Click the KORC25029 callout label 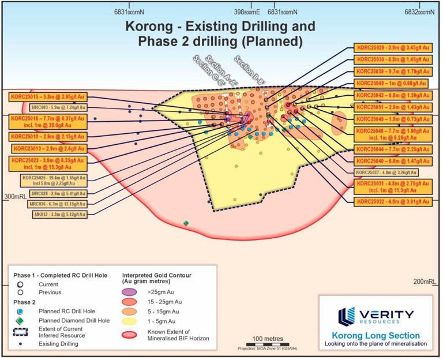click(x=392, y=50)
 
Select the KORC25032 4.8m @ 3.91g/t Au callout click(x=392, y=201)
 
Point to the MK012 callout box click(x=60, y=214)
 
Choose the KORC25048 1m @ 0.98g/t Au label click(x=391, y=84)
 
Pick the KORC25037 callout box click(x=386, y=172)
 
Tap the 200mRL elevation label click(x=427, y=281)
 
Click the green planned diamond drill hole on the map click(x=186, y=223)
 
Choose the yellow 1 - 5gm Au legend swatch click(x=133, y=321)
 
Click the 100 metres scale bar click(x=265, y=344)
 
